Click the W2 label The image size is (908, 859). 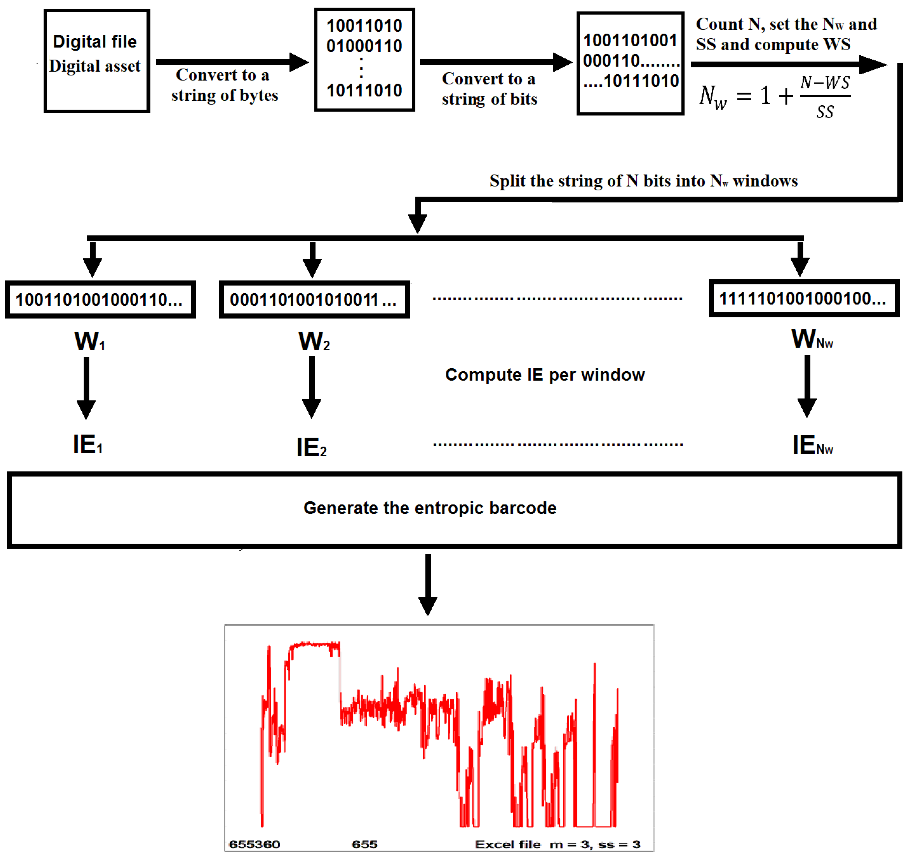[x=314, y=342]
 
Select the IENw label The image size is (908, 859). [x=812, y=445]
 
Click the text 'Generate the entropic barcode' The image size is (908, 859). [x=430, y=508]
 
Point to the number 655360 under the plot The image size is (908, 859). [x=255, y=844]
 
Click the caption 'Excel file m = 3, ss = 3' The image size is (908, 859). [x=557, y=844]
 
